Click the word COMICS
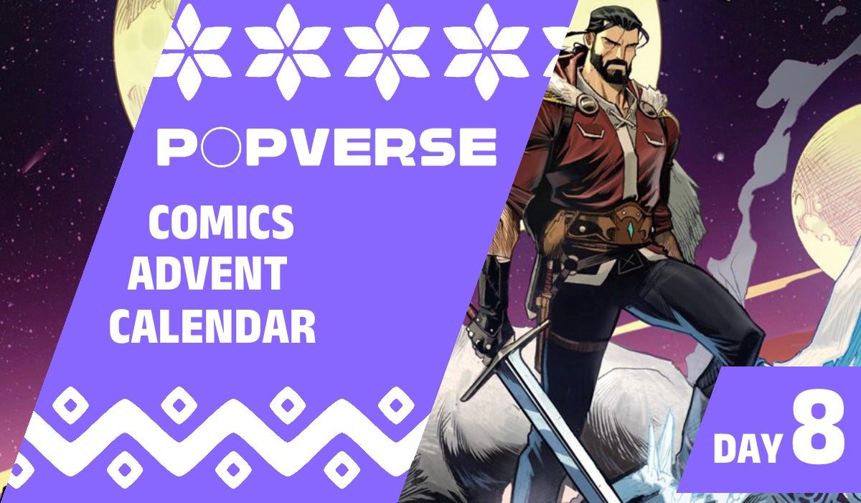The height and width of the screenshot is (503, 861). point(220,223)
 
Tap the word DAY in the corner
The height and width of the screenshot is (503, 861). point(747,449)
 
